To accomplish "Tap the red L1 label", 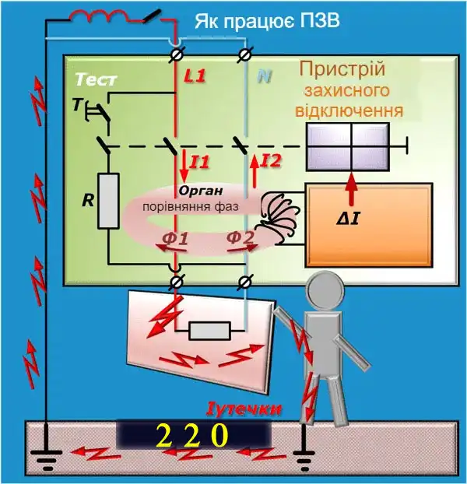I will tap(195, 78).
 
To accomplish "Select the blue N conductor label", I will tap(265, 78).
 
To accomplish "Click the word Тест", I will tap(95, 81).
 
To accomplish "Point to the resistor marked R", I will tap(109, 202).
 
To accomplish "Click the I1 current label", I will tap(200, 162).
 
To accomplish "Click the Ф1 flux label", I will tap(174, 238).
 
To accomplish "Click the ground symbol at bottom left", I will tap(46, 454).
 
